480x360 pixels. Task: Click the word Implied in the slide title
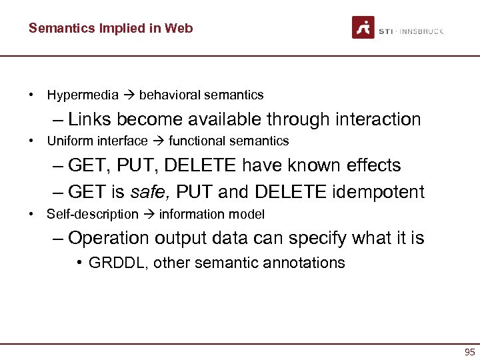(x=117, y=28)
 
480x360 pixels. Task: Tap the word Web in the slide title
(x=180, y=28)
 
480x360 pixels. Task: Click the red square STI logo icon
(x=363, y=28)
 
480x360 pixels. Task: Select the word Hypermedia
(x=83, y=95)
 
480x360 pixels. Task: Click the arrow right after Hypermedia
(x=129, y=95)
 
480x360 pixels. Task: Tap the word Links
(x=91, y=119)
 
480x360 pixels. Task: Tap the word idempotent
(x=376, y=193)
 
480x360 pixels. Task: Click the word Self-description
(x=92, y=214)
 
